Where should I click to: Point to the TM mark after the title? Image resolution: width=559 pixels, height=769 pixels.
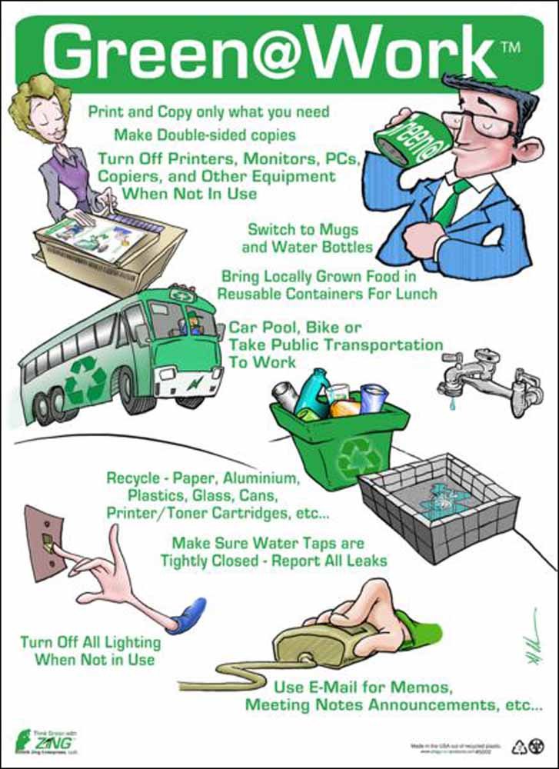tap(513, 47)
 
